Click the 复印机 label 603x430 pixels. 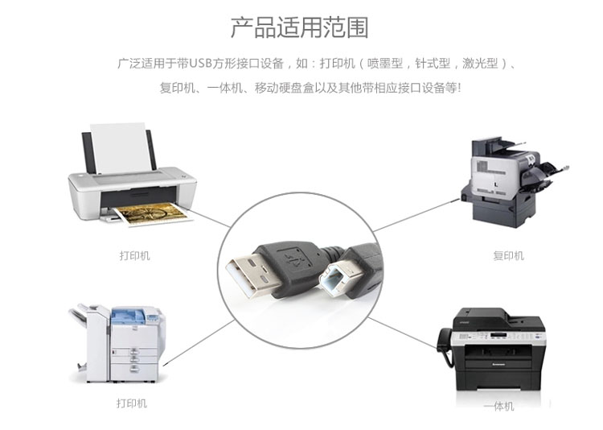point(508,255)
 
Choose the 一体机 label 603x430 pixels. point(498,407)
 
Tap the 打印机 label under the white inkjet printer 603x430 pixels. point(134,255)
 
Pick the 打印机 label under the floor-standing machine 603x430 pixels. point(132,403)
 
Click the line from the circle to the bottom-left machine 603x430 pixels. point(197,345)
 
